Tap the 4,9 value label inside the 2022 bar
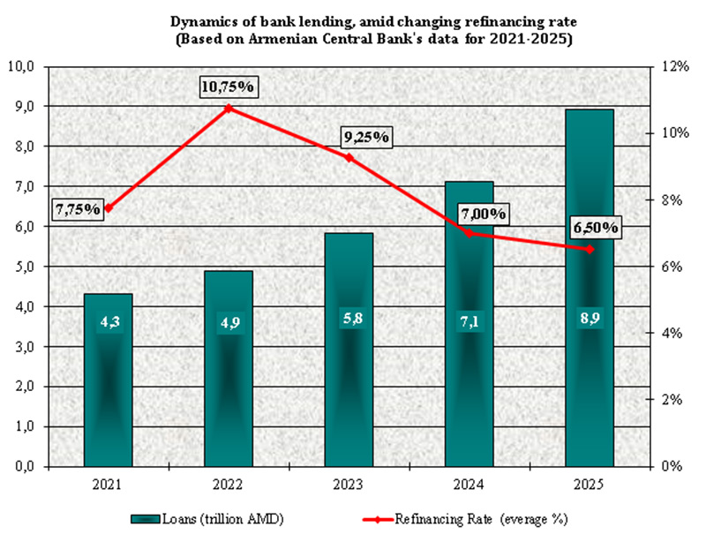tap(229, 324)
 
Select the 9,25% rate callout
tap(366, 138)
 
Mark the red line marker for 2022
tap(229, 109)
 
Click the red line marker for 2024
tap(469, 233)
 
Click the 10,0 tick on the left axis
tap(21, 66)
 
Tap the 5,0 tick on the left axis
tap(21, 267)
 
